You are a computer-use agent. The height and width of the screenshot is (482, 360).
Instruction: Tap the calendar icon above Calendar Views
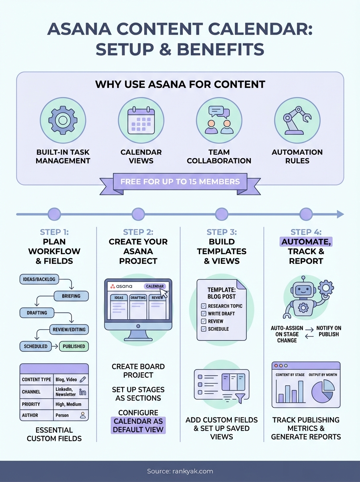point(141,120)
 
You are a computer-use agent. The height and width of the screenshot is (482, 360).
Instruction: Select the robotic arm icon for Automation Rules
point(297,120)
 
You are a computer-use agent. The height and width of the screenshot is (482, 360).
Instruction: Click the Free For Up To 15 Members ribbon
point(180,181)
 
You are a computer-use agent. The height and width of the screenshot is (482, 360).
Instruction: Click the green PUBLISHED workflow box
point(74,346)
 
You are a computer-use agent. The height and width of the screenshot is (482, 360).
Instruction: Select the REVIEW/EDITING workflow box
point(69,330)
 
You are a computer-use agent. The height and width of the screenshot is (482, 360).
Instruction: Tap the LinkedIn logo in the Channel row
point(83,392)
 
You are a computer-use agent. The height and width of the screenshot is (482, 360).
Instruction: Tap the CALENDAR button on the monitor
point(155,286)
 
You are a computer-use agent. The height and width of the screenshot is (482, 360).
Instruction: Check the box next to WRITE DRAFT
point(204,314)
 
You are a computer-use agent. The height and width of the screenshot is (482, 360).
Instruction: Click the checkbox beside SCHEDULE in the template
point(204,329)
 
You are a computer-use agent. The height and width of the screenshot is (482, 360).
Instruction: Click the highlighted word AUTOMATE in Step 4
point(306,242)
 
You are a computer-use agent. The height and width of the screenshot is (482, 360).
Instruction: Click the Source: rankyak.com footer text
point(180,471)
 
